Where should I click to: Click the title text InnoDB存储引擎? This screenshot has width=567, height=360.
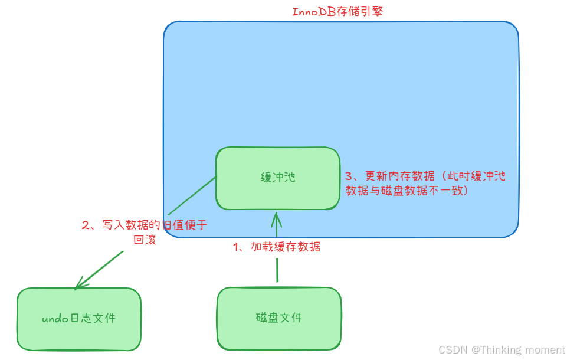click(338, 11)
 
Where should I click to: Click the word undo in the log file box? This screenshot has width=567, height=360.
click(56, 319)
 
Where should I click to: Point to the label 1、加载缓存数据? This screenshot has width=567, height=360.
click(277, 247)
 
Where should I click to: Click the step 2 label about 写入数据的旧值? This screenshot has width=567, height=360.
click(144, 225)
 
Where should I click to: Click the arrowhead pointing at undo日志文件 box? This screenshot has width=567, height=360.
click(79, 284)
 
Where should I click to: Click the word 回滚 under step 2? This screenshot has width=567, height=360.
click(145, 240)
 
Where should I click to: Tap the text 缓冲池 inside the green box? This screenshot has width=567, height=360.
click(277, 178)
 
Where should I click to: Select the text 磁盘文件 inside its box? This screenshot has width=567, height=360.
click(279, 318)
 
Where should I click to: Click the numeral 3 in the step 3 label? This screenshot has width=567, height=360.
click(348, 176)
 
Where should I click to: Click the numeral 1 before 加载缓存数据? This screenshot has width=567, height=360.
click(237, 247)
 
